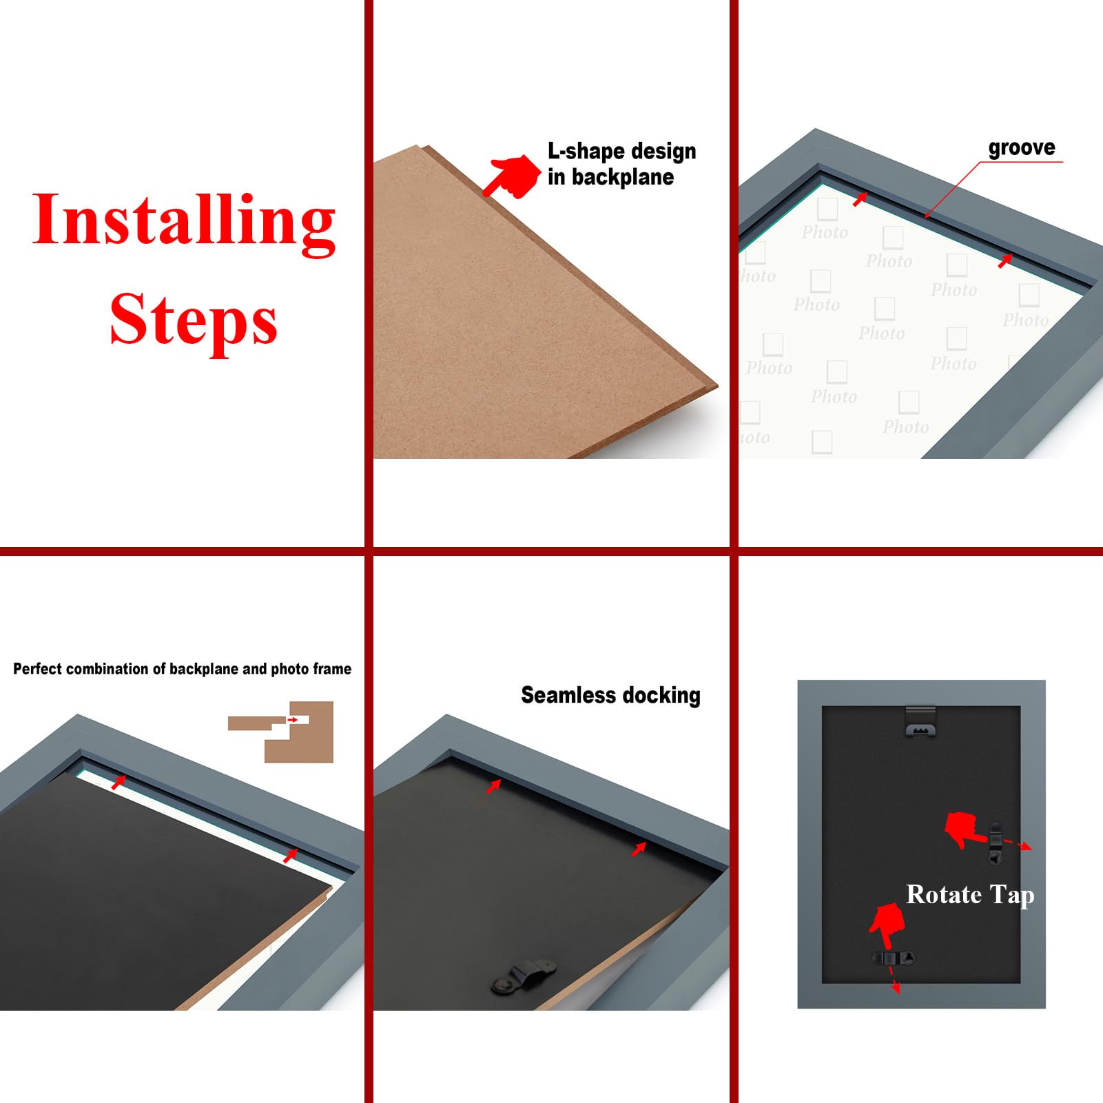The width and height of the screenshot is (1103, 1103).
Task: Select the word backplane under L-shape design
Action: pyautogui.click(x=623, y=177)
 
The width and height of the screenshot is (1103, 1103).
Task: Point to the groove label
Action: pyautogui.click(x=1022, y=148)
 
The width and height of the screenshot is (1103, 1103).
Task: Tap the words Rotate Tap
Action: pyautogui.click(x=970, y=895)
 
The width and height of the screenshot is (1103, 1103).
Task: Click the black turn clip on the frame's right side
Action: pyautogui.click(x=996, y=843)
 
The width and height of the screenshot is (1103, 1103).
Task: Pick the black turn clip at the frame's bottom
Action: pyautogui.click(x=894, y=958)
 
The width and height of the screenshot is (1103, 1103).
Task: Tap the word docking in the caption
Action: pyautogui.click(x=660, y=696)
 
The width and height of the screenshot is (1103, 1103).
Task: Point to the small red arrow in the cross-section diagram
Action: pyautogui.click(x=293, y=720)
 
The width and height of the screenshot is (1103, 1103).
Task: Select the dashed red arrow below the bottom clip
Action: pyautogui.click(x=894, y=979)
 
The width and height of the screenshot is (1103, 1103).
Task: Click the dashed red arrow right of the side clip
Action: pyautogui.click(x=1018, y=844)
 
